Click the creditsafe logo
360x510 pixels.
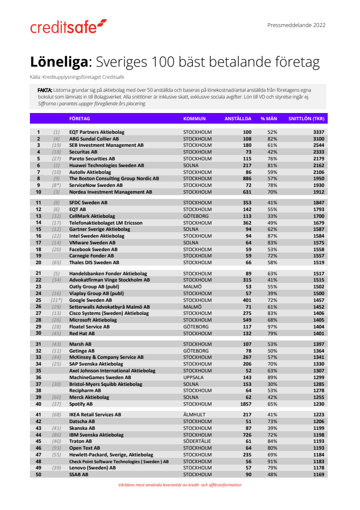(69, 27)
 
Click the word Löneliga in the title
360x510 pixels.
(59, 62)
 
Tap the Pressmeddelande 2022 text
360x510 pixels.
(296, 25)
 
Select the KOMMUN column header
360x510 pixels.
(194, 118)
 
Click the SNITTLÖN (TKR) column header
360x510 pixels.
(306, 118)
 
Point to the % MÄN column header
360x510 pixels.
(269, 118)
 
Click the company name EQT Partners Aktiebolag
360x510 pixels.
(97, 132)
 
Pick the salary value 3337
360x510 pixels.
(317, 132)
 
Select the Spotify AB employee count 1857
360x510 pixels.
(246, 404)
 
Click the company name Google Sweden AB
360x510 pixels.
(90, 300)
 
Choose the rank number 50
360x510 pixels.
(38, 475)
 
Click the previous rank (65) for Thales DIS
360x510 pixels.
(56, 262)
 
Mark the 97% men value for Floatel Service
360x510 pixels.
(272, 326)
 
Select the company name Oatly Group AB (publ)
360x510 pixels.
(94, 286)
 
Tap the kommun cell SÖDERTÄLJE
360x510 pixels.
(198, 441)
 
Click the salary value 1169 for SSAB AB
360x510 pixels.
(317, 475)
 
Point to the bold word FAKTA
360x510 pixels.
(45, 90)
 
